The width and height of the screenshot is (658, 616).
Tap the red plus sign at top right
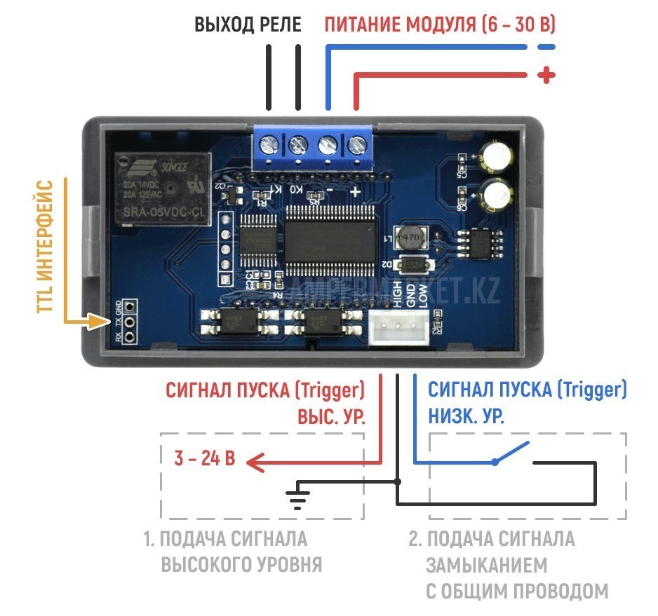[x=546, y=76]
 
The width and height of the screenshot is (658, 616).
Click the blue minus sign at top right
[x=546, y=47]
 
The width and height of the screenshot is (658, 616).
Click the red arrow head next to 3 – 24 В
[x=253, y=462]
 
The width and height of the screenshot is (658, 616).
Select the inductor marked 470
[x=409, y=238]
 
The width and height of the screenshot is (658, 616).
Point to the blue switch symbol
[x=511, y=453]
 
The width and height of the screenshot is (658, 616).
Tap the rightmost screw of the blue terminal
[x=357, y=146]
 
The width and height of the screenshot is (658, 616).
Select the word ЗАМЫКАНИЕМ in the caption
[x=487, y=565]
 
